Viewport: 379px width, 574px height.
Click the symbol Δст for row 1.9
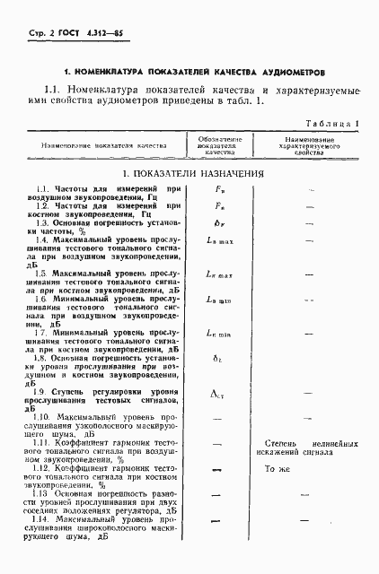220,392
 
